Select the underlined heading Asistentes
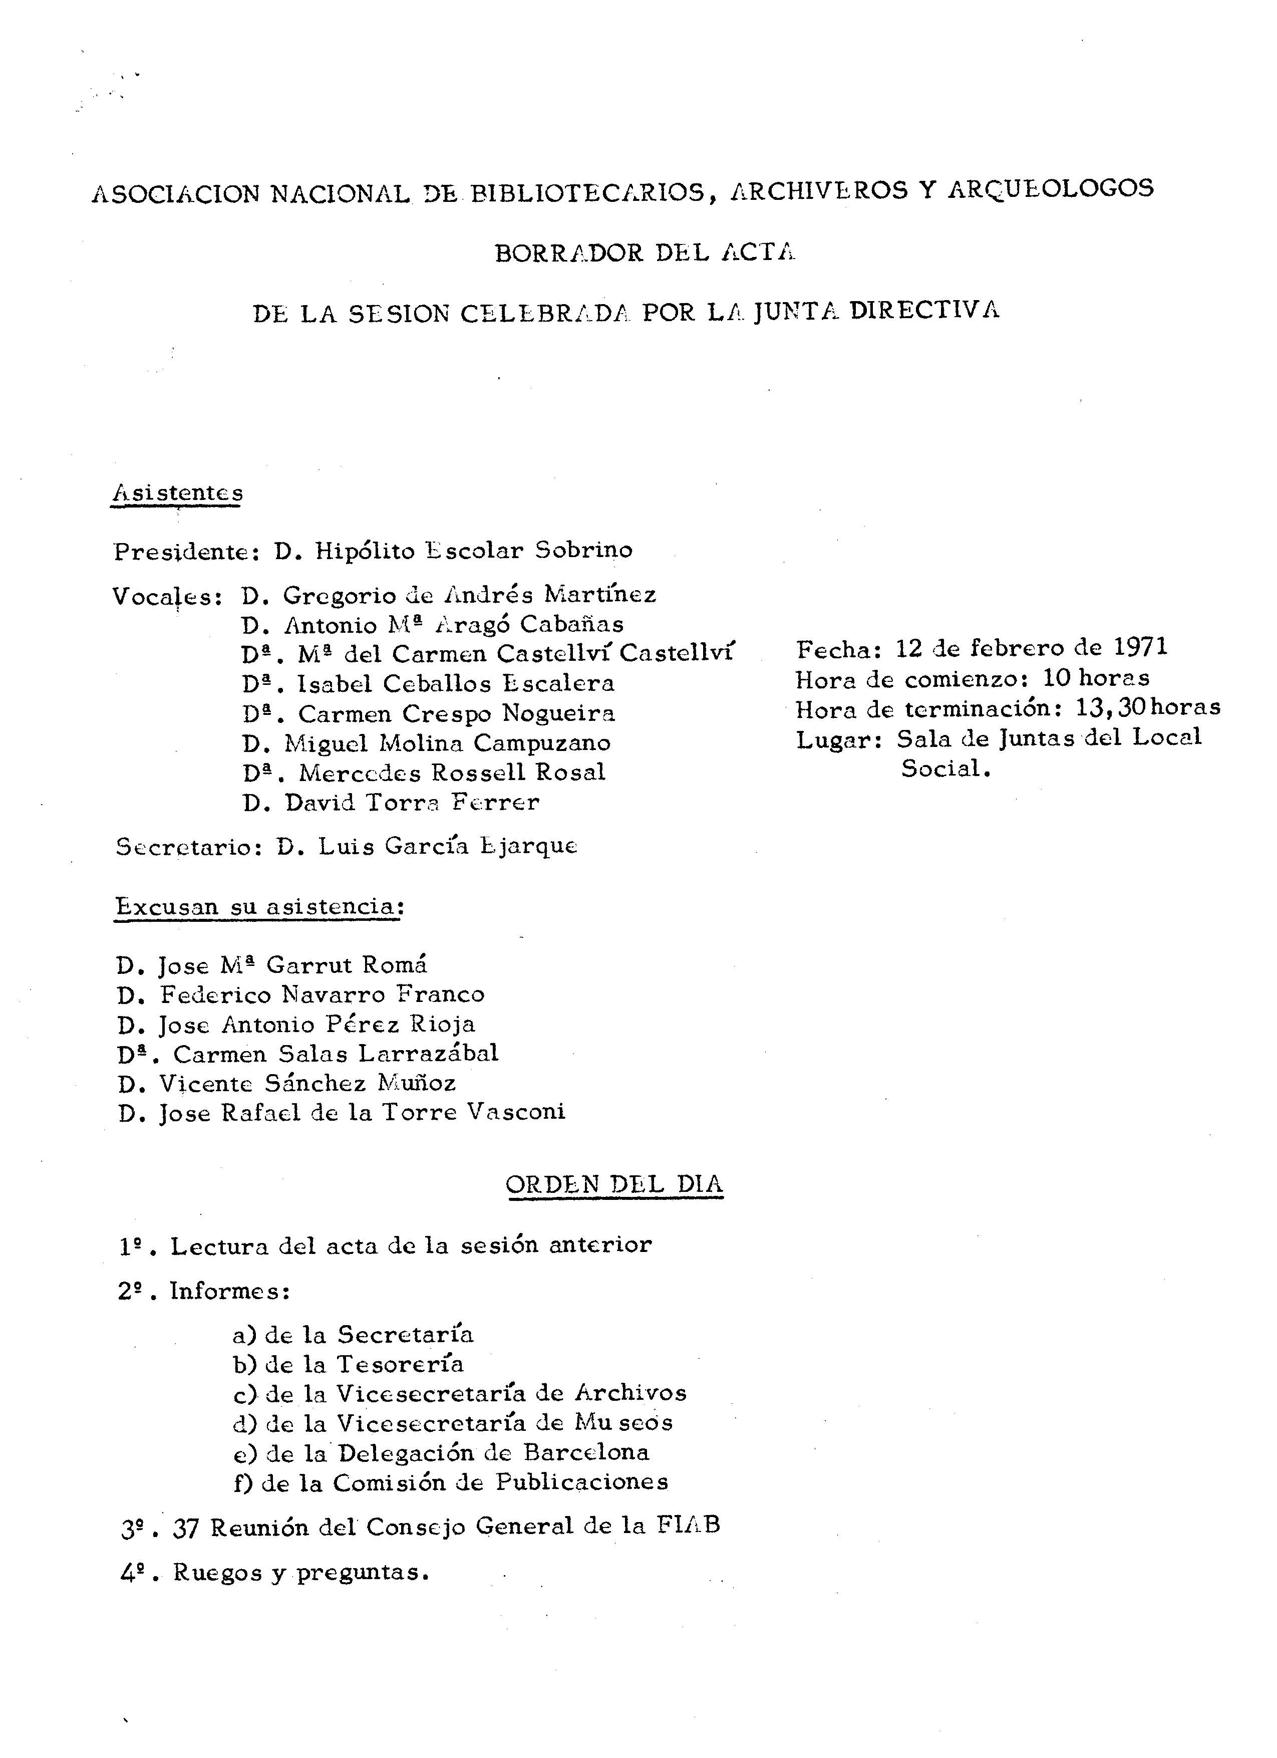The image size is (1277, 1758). (x=177, y=493)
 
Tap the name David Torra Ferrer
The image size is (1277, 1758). (x=412, y=802)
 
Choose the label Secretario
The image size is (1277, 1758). (x=187, y=847)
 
